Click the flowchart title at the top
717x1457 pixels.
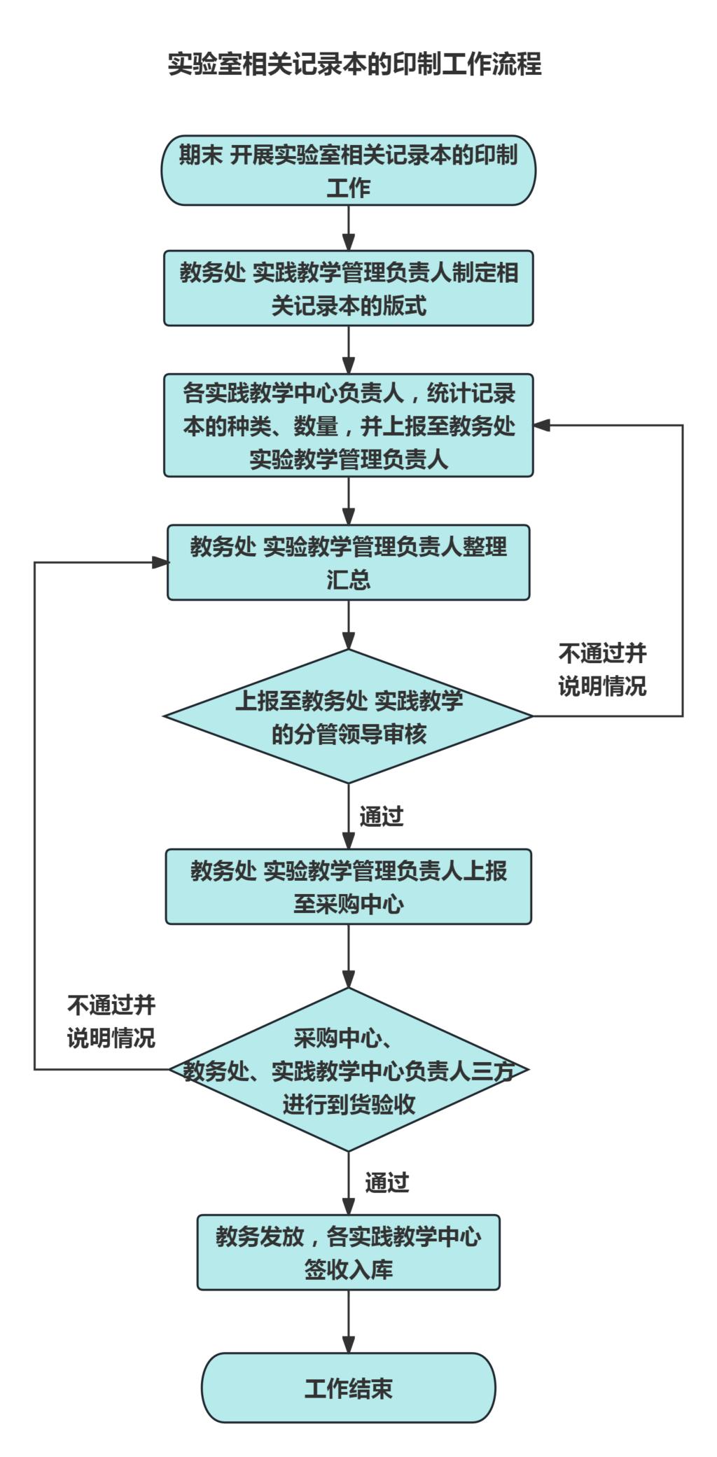click(354, 64)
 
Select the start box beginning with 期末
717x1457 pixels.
click(349, 170)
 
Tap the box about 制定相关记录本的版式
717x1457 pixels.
click(349, 288)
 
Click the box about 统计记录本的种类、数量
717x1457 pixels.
click(349, 425)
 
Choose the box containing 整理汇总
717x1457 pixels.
click(349, 562)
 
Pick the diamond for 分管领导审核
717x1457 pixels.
click(349, 716)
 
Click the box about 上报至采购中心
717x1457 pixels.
click(349, 886)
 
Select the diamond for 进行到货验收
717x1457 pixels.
click(349, 1069)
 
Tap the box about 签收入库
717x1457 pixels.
click(349, 1252)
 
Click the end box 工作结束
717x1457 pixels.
click(349, 1387)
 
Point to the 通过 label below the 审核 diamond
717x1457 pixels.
click(382, 816)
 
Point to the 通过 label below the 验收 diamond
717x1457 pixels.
click(387, 1183)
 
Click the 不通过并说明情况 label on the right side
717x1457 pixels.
click(602, 669)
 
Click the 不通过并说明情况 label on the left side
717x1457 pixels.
click(111, 1022)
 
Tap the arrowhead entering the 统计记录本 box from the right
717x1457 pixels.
click(542, 425)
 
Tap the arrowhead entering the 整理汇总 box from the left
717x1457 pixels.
click(160, 562)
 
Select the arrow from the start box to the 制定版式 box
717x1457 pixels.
click(349, 228)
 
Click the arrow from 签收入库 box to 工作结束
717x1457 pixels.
click(349, 1321)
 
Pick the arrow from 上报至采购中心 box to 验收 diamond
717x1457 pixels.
click(349, 956)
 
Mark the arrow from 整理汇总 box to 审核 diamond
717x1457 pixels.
click(349, 625)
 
